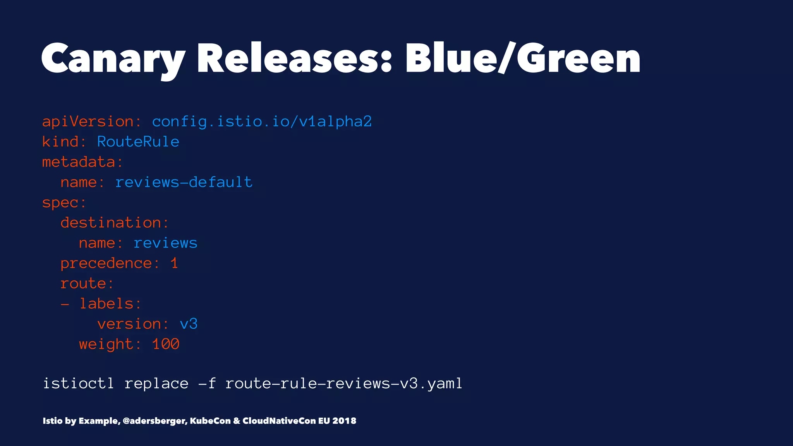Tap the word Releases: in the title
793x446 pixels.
click(294, 59)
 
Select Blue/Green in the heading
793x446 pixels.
click(523, 59)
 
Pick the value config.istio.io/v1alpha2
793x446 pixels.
click(262, 122)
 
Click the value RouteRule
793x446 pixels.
click(138, 142)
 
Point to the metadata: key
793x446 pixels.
click(82, 162)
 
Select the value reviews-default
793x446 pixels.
click(184, 182)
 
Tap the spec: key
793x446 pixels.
click(64, 202)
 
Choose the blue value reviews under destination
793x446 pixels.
click(165, 243)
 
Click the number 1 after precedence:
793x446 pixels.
click(174, 263)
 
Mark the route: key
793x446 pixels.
click(87, 283)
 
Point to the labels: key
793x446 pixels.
click(110, 304)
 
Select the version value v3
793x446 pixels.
click(189, 324)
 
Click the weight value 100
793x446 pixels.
click(166, 344)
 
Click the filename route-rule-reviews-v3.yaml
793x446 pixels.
click(344, 384)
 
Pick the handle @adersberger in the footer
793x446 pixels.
click(155, 421)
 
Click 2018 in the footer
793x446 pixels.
click(344, 421)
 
